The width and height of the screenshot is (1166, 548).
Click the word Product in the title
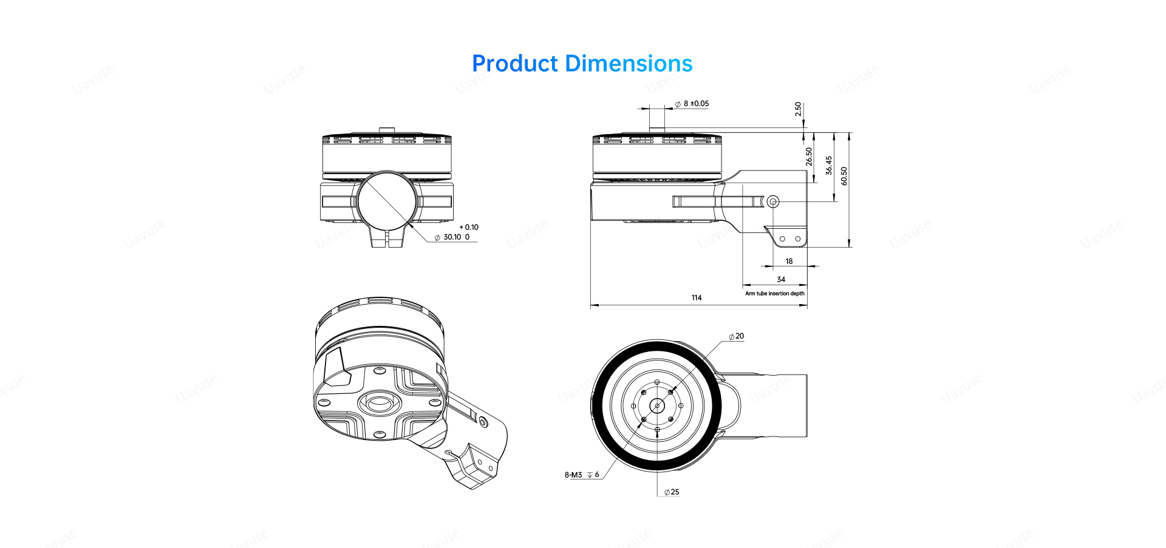click(x=514, y=64)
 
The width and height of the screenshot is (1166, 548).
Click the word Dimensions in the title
click(x=629, y=64)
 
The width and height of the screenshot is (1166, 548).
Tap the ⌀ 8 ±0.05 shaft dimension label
click(x=692, y=104)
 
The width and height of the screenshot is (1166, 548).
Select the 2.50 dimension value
click(x=798, y=109)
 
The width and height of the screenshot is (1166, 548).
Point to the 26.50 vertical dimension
click(x=809, y=157)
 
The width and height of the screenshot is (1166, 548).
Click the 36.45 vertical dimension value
click(x=829, y=166)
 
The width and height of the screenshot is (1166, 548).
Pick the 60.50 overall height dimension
click(x=844, y=177)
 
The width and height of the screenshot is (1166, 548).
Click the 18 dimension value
click(x=789, y=262)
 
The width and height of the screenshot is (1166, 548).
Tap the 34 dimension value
click(x=781, y=280)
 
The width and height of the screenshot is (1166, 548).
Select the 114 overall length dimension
click(x=697, y=298)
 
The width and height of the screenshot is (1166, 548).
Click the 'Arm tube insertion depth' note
click(x=775, y=294)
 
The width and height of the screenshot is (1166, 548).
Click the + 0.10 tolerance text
click(x=469, y=228)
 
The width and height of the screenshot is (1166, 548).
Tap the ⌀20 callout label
click(x=737, y=336)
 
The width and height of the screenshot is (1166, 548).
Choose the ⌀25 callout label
click(x=672, y=492)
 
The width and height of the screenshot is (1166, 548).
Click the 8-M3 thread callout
click(x=582, y=475)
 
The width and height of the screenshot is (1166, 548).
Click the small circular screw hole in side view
click(x=772, y=201)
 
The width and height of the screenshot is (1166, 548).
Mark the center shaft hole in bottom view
click(x=657, y=405)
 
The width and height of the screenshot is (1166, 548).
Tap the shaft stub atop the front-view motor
click(x=386, y=130)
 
